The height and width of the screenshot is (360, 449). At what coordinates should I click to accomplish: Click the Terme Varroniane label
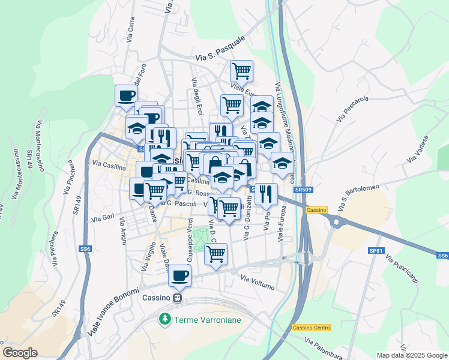207,320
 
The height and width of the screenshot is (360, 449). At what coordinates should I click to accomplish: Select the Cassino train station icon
177,298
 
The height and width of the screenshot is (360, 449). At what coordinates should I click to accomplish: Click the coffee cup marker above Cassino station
180,276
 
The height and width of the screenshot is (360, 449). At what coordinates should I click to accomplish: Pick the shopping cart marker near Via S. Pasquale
241,71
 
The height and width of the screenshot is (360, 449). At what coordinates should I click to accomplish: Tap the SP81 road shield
376,250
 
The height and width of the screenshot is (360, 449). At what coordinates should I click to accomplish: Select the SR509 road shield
303,190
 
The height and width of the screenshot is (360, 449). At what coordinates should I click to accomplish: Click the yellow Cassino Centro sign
312,328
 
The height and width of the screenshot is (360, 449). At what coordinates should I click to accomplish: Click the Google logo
20,353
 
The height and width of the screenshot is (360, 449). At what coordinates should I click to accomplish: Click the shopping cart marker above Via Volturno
216,253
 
